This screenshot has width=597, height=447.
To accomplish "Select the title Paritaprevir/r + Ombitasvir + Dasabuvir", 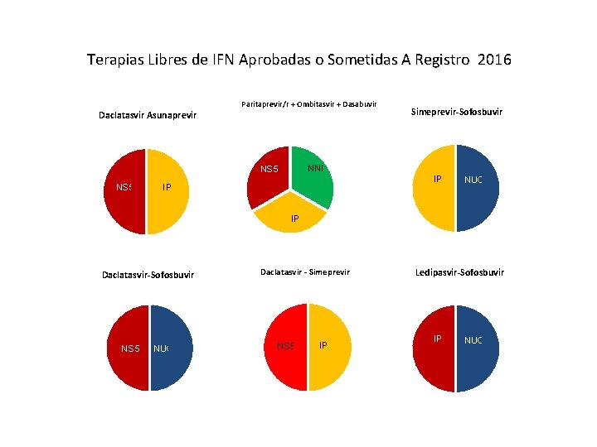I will [x=308, y=104].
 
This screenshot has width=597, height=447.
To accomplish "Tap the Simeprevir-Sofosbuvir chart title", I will [x=458, y=112].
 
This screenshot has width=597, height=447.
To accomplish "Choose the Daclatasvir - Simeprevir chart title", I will [x=305, y=272].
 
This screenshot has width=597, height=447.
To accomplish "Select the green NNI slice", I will [x=314, y=175].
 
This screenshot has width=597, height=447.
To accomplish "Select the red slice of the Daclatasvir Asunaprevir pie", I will [x=124, y=199].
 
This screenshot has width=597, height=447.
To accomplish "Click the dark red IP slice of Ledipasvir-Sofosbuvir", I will [x=434, y=356].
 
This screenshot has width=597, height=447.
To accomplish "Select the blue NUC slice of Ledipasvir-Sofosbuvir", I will [x=478, y=356].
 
